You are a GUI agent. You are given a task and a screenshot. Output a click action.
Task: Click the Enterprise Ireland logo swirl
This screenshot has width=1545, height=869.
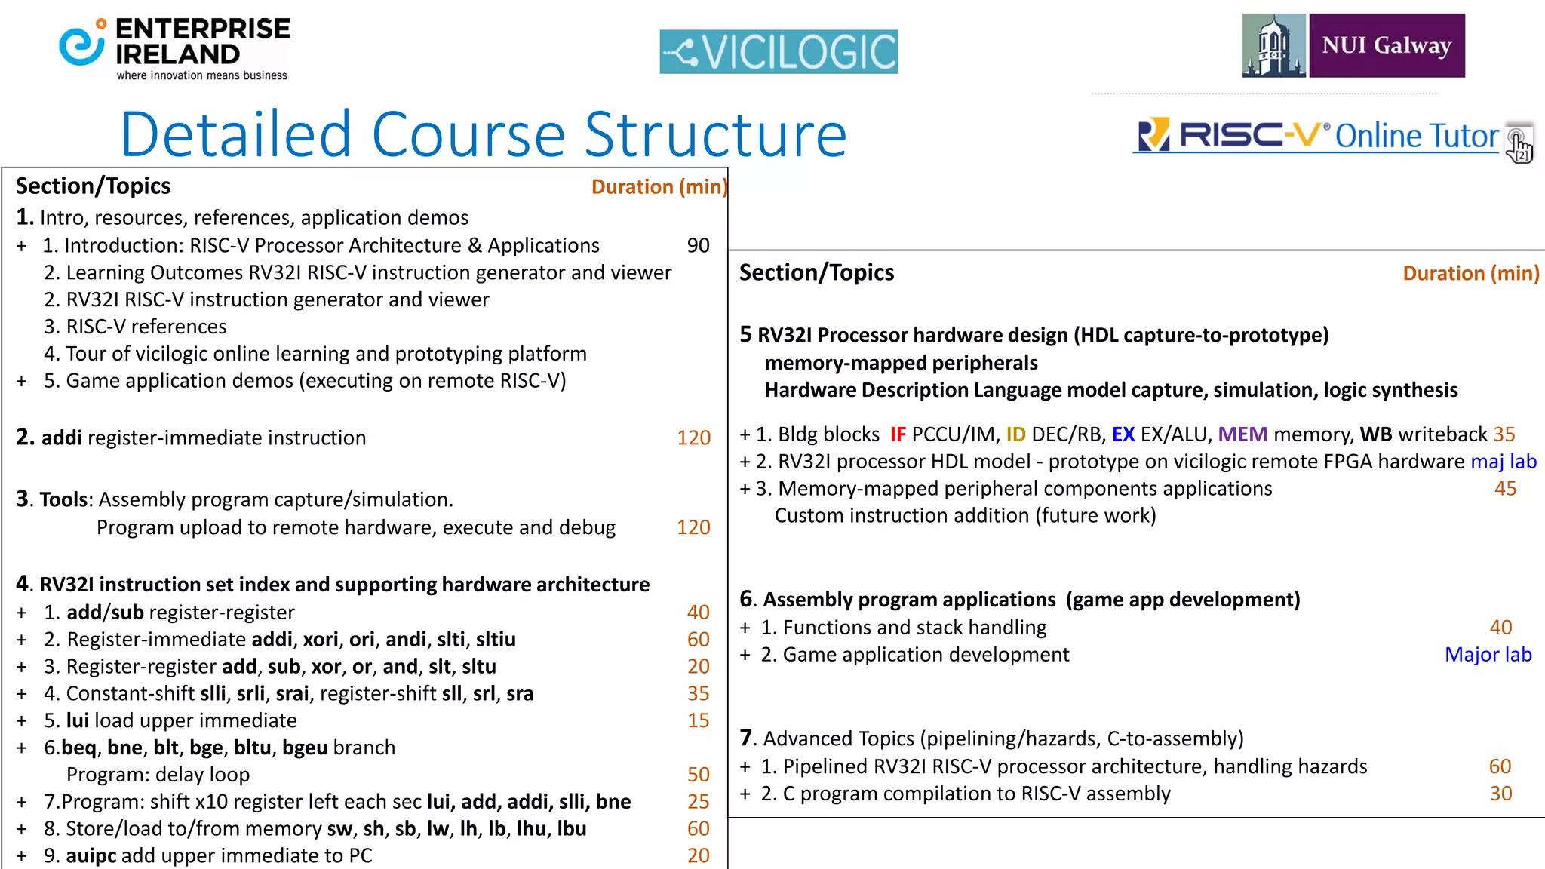pyautogui.click(x=81, y=45)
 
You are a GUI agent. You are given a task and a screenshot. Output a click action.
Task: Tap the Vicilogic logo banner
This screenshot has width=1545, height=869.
pyautogui.click(x=779, y=51)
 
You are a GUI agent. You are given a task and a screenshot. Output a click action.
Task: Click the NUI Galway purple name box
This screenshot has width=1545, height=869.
pyautogui.click(x=1387, y=45)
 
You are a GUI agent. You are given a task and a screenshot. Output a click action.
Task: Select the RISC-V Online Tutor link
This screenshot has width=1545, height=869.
pyautogui.click(x=1316, y=136)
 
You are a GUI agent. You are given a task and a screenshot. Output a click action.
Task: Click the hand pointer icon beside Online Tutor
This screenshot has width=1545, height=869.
pyautogui.click(x=1519, y=144)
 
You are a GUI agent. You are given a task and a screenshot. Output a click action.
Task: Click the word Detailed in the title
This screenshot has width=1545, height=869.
pyautogui.click(x=236, y=135)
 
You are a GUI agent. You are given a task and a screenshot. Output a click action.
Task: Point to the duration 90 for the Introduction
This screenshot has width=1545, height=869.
pyautogui.click(x=698, y=245)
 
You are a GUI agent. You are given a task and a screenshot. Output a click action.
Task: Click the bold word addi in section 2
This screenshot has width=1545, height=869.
pyautogui.click(x=61, y=438)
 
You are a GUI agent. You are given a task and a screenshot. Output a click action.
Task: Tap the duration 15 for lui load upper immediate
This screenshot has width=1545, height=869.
pyautogui.click(x=698, y=720)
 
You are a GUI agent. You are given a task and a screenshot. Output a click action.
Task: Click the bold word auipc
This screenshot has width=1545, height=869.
pyautogui.click(x=91, y=855)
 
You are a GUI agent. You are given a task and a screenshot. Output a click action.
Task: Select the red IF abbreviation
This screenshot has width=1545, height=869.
pyautogui.click(x=898, y=434)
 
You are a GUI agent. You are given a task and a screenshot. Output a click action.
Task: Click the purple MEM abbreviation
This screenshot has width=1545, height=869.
pyautogui.click(x=1242, y=434)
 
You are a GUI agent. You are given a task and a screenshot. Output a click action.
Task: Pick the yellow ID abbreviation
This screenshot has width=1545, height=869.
pyautogui.click(x=1015, y=434)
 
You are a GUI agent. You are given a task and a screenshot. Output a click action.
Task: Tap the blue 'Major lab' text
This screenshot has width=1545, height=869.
pyautogui.click(x=1488, y=654)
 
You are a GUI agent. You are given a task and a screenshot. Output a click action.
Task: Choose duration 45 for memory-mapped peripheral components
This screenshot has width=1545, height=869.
pyautogui.click(x=1505, y=488)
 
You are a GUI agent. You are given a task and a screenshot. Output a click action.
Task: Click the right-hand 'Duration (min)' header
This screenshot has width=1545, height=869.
pyautogui.click(x=1470, y=273)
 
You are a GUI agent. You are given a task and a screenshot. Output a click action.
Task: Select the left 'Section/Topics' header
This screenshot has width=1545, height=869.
pyautogui.click(x=93, y=186)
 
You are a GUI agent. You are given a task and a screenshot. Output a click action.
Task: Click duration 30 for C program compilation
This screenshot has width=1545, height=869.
pyautogui.click(x=1500, y=793)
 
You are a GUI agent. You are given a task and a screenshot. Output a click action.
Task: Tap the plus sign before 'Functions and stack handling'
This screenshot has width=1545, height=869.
pyautogui.click(x=745, y=628)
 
